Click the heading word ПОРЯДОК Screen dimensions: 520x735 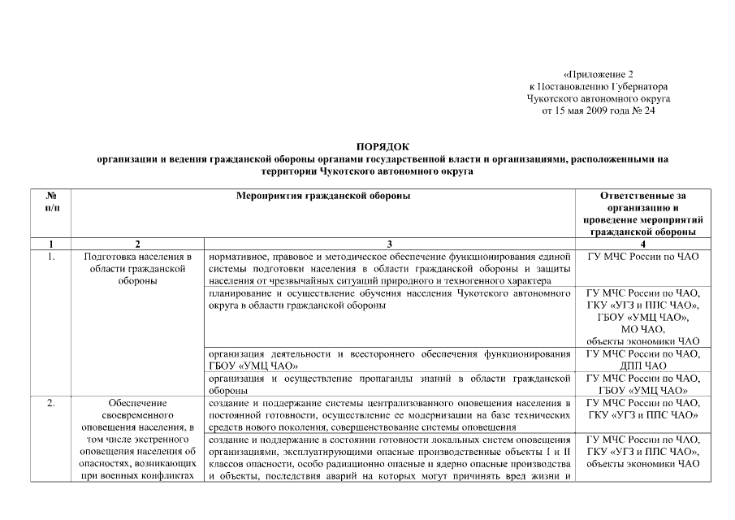pos(383,146)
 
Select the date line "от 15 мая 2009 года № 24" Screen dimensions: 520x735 pos(598,111)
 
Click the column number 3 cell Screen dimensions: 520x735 pos(390,244)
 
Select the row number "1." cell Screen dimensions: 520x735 pos(51,257)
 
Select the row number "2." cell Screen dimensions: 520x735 pos(51,402)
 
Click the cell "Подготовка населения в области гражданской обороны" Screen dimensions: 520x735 pos(136,269)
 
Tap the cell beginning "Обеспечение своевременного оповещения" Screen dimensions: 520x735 pos(136,439)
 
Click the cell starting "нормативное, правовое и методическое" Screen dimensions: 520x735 pos(390,269)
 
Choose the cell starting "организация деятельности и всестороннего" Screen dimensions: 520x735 pos(390,360)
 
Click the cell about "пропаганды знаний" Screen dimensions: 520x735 pos(390,384)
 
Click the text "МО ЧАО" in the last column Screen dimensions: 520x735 pos(642,329)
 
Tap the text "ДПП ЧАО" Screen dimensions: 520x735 pos(642,366)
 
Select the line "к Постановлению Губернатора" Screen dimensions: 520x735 pos(598,86)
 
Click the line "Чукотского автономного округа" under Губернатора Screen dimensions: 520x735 pos(598,98)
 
